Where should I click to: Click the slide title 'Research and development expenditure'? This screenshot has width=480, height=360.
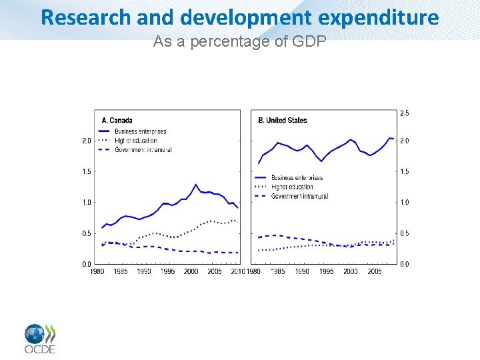click(240, 17)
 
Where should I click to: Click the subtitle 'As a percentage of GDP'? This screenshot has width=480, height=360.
click(239, 41)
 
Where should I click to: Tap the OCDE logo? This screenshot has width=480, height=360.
click(40, 338)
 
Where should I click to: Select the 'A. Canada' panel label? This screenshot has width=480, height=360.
click(117, 121)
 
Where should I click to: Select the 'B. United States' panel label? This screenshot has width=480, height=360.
click(282, 121)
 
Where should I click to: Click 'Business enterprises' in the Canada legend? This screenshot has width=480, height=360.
click(140, 131)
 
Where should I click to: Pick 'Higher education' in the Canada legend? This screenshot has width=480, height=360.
click(135, 141)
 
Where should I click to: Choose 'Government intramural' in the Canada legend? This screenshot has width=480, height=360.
click(143, 150)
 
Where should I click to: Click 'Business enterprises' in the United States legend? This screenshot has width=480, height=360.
click(297, 178)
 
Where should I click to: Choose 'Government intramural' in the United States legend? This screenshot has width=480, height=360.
click(299, 196)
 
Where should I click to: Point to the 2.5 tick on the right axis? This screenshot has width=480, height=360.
click(405, 113)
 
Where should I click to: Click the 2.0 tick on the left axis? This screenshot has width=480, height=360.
click(86, 141)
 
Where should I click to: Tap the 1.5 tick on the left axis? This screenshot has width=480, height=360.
click(86, 171)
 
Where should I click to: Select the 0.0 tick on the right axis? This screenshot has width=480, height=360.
click(405, 265)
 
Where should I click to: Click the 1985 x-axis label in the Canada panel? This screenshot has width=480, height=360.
click(121, 272)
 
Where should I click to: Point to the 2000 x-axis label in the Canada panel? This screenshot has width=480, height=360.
click(191, 272)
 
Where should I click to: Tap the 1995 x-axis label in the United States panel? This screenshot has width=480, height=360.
click(326, 272)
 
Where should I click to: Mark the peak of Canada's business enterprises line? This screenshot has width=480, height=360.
click(195, 185)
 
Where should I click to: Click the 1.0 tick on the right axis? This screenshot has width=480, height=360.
click(405, 202)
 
